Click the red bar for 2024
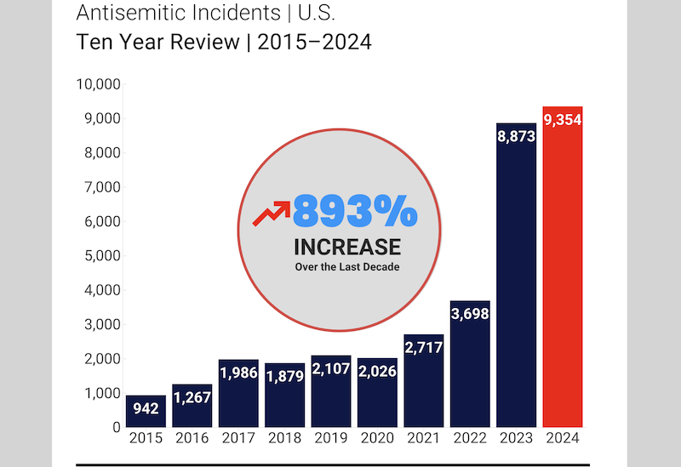563,266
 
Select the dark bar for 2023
517,275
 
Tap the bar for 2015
146,411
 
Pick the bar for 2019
331,391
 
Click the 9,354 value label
563,120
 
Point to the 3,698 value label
470,314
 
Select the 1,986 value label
238,373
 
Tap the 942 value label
146,408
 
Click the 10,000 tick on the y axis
99,84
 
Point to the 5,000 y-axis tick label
102,256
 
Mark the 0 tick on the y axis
117,428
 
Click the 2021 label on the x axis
423,438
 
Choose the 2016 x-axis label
192,438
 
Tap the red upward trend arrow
272,214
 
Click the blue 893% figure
355,211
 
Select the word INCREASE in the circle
347,247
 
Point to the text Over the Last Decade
347,267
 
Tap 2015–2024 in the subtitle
314,42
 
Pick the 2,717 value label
423,348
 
